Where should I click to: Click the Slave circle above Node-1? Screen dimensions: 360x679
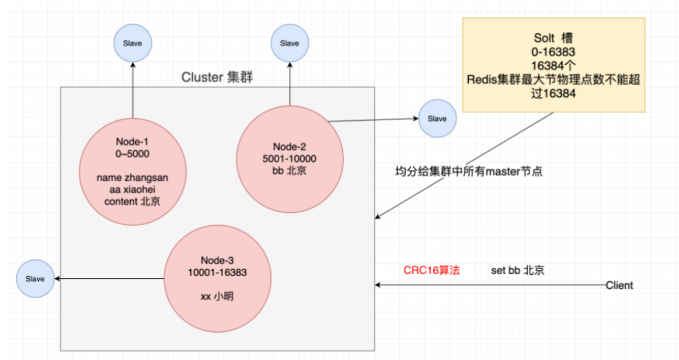click(133, 44)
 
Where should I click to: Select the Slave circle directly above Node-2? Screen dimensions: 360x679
click(289, 44)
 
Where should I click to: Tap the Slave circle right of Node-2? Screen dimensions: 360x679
click(437, 119)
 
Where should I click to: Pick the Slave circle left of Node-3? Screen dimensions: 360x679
click(35, 279)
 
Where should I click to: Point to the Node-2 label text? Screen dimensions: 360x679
click(289, 146)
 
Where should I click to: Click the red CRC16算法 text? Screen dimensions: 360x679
click(431, 271)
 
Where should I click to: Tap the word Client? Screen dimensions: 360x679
click(619, 285)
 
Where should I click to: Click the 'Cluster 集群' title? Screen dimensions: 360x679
click(217, 78)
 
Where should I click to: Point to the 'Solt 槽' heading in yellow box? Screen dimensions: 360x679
click(553, 38)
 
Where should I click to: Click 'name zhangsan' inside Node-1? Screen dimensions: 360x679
click(133, 177)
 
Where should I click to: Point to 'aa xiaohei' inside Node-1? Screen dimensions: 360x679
click(133, 189)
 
